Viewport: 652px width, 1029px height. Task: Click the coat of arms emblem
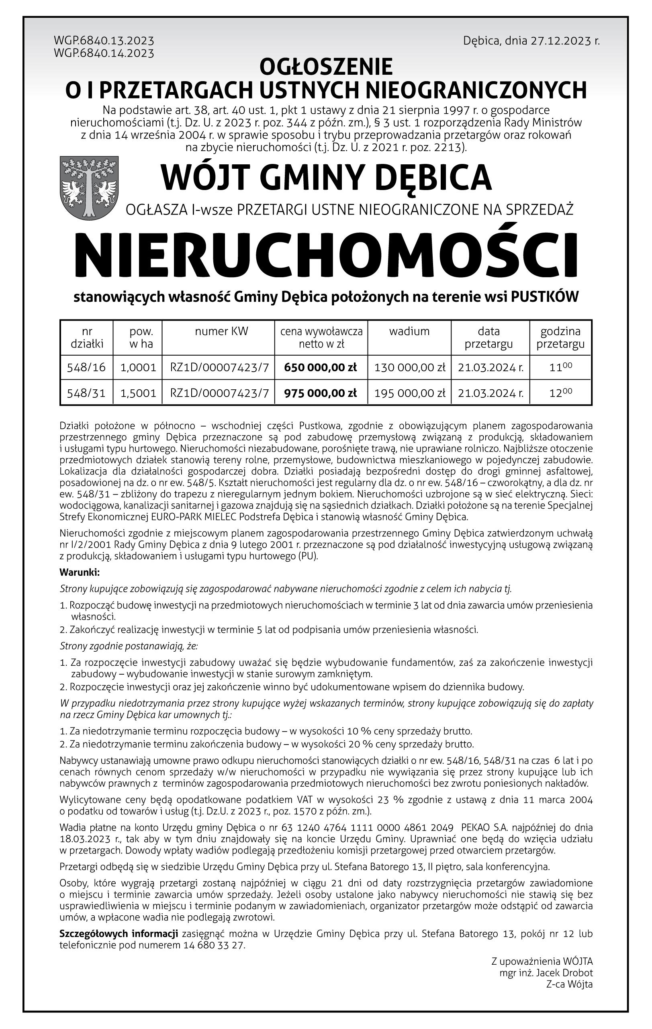tap(89, 188)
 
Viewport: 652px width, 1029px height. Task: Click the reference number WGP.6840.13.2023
tap(104, 41)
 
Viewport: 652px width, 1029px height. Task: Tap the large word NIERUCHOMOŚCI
tap(326, 256)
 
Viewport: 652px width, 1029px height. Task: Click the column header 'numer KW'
tap(221, 331)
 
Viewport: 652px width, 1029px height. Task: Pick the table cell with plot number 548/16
tap(86, 368)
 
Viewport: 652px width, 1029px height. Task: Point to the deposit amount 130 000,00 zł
tap(410, 368)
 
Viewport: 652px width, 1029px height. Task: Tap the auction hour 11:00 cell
tap(560, 368)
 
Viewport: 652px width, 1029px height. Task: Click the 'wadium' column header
tap(409, 331)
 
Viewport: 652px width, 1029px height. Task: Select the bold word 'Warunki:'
tap(80, 572)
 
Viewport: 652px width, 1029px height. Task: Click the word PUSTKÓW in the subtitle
tap(544, 297)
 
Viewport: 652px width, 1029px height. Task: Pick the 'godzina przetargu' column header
tap(560, 338)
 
